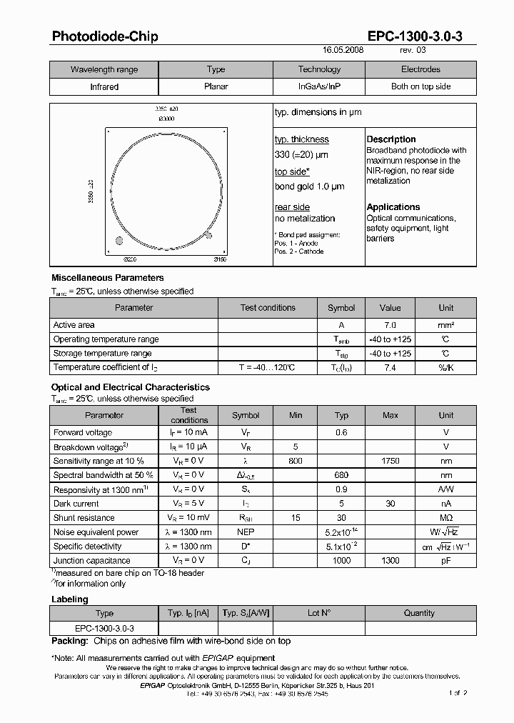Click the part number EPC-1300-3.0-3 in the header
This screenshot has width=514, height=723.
(x=415, y=36)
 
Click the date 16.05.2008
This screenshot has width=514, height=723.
(x=343, y=51)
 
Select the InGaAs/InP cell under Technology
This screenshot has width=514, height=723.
(x=319, y=86)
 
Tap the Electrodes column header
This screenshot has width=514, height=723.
(x=420, y=69)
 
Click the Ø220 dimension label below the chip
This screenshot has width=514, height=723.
(x=130, y=259)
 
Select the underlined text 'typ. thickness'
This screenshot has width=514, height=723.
(x=301, y=139)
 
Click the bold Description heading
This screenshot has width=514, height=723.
(x=391, y=139)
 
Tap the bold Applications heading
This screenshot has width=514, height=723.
(x=393, y=207)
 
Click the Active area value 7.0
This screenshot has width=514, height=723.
(x=390, y=325)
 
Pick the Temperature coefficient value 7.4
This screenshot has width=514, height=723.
(x=390, y=367)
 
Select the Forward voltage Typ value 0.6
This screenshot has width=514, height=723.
(x=341, y=432)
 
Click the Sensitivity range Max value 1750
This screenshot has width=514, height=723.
(x=390, y=461)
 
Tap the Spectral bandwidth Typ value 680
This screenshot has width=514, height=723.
(x=341, y=475)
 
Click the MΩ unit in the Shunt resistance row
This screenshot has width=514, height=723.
(x=445, y=518)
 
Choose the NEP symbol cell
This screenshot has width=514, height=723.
(x=246, y=532)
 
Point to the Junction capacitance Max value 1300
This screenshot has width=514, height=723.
(x=390, y=561)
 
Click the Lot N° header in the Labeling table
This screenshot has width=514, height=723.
(x=319, y=613)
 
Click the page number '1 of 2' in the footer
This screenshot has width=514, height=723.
(x=458, y=693)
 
